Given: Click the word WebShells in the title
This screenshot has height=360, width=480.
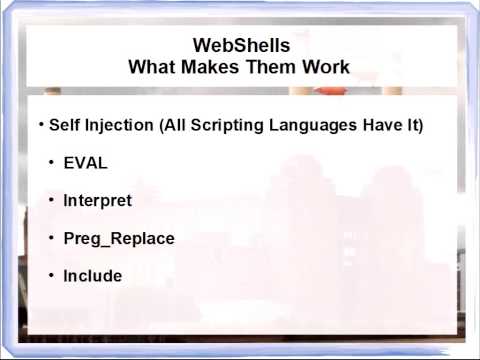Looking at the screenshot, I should coord(240,45).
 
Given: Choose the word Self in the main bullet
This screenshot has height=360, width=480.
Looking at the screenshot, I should coord(65,126).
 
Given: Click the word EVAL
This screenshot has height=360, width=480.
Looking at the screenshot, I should coord(85,163).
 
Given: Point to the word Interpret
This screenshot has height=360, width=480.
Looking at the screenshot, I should coord(97,200).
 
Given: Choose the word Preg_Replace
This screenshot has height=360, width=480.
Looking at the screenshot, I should coord(119,238).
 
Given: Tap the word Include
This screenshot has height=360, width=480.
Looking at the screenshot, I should coord(92,275).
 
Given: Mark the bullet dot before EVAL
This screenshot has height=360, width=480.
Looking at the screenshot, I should coord(52,162).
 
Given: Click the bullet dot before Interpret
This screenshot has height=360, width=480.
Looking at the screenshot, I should coord(52,199).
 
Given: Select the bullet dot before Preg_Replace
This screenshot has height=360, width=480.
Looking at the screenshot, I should coord(52,237).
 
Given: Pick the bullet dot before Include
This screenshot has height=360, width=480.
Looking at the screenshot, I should coord(52,274).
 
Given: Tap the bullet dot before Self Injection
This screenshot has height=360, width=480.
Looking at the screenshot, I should coord(41,125).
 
